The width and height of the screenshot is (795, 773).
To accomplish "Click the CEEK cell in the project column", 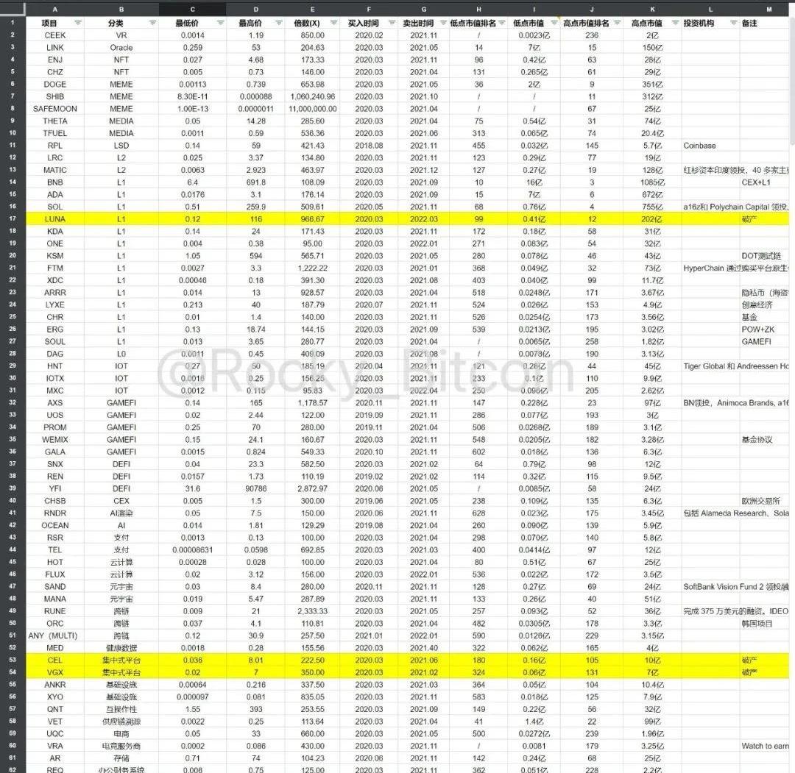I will pyautogui.click(x=55, y=35).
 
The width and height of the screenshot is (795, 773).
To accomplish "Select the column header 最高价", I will pyautogui.click(x=250, y=23).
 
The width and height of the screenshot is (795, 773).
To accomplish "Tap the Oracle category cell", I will pyautogui.click(x=121, y=47).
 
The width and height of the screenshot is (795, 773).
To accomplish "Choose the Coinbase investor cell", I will pyautogui.click(x=699, y=146).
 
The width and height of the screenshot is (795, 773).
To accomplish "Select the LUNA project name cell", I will pyautogui.click(x=55, y=219).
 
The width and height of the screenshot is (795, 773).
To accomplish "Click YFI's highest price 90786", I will pyautogui.click(x=256, y=488).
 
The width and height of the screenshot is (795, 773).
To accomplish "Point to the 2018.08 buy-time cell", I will pyautogui.click(x=364, y=146).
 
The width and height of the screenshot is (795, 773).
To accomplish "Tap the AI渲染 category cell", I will pyautogui.click(x=121, y=513).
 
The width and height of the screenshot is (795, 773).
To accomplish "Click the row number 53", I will pyautogui.click(x=13, y=660).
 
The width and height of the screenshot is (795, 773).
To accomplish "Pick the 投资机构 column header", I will pyautogui.click(x=699, y=23).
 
